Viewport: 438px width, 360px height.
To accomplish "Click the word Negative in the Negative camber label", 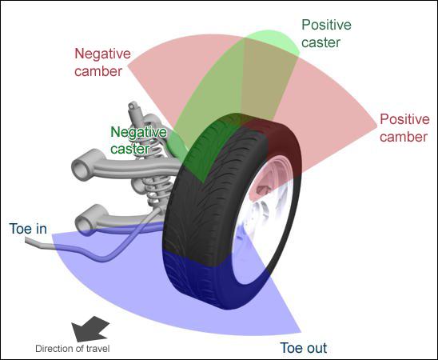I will tap(98, 54).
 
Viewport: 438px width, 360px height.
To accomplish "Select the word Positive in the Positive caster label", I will tap(326, 25).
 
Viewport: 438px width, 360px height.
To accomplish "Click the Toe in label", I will tap(28, 229).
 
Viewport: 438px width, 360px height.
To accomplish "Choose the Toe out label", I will tap(303, 348).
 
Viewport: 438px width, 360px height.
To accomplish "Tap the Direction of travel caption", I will tap(73, 349).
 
